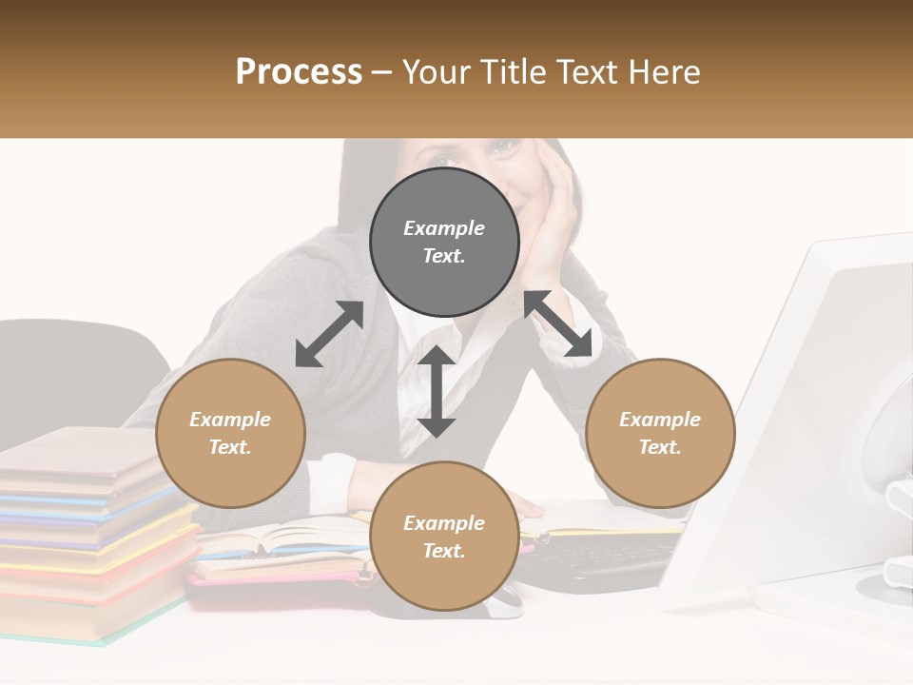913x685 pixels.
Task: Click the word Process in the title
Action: pyautogui.click(x=299, y=72)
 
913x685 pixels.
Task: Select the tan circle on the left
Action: pyautogui.click(x=230, y=433)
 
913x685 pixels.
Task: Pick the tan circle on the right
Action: pyautogui.click(x=660, y=433)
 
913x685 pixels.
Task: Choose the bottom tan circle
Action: pyautogui.click(x=444, y=537)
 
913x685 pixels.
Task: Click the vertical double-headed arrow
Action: pyautogui.click(x=437, y=391)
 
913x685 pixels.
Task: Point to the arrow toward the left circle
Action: pyautogui.click(x=329, y=334)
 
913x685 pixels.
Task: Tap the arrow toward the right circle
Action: pyautogui.click(x=558, y=323)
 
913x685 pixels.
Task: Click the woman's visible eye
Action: pyautogui.click(x=505, y=147)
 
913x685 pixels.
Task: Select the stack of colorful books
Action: pyautogui.click(x=90, y=533)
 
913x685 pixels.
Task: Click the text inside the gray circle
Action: pyautogui.click(x=444, y=242)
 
